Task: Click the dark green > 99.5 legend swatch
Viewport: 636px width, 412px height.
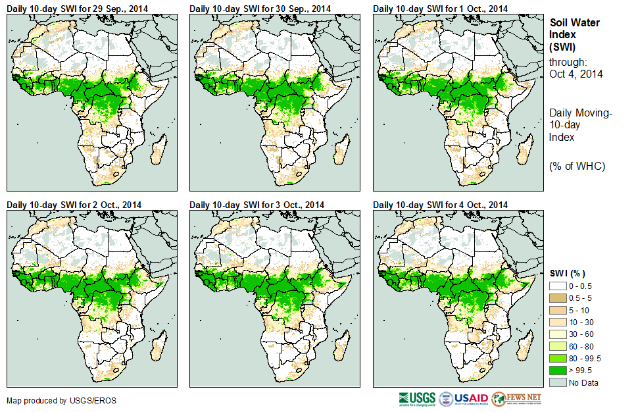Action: pos(558,371)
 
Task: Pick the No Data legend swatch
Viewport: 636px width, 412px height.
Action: pos(558,382)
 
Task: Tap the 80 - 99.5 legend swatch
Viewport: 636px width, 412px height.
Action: pos(558,359)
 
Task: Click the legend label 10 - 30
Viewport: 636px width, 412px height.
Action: pos(581,322)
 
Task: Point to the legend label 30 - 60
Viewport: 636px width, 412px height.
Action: pos(581,334)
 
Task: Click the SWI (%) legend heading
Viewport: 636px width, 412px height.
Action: pos(567,273)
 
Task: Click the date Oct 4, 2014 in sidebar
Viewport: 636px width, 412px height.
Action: pos(576,74)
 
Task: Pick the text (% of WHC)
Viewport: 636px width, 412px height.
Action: pos(577,166)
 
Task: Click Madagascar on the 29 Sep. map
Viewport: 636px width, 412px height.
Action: pos(158,153)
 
